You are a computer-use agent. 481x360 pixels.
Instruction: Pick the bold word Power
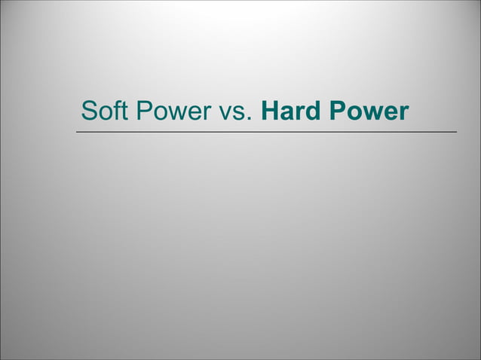coord(367,111)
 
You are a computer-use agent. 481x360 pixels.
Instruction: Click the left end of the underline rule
coord(76,132)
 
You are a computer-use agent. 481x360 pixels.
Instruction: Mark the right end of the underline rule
coord(456,132)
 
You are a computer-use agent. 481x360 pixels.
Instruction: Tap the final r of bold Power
coord(403,114)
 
